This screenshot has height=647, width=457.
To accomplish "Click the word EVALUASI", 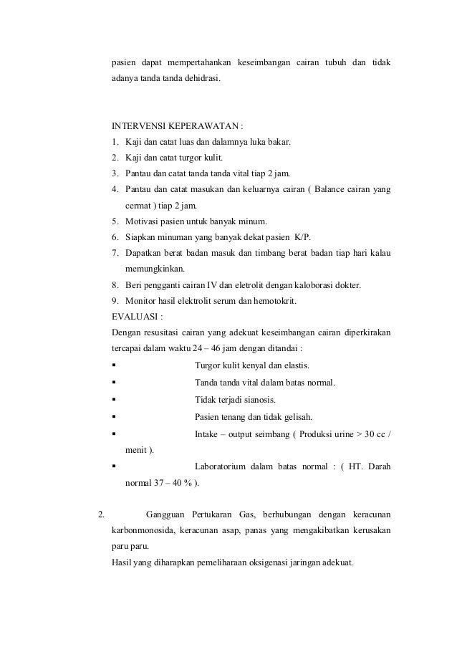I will coord(137,316).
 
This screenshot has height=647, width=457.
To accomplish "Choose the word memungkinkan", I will coord(154,269).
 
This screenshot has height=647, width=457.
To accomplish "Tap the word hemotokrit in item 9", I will coord(271,300).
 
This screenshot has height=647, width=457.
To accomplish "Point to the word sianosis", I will coord(258,400).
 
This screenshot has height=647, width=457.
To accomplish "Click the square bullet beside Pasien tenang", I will coord(115,417).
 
